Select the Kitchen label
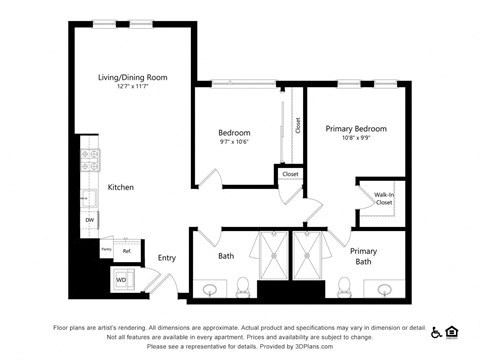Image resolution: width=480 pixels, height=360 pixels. [x=121, y=187]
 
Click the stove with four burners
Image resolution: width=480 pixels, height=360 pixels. [x=89, y=161]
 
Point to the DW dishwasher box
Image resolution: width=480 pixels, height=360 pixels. [x=89, y=220]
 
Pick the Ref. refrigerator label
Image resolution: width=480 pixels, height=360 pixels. [x=127, y=250]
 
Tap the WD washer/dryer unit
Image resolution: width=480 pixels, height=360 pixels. [x=123, y=279]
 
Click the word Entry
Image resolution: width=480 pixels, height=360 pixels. [x=166, y=257]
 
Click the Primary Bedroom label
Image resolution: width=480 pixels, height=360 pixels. [x=355, y=128]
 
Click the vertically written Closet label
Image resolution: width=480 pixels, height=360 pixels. [x=297, y=125]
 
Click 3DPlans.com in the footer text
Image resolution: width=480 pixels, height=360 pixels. [x=370, y=347]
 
